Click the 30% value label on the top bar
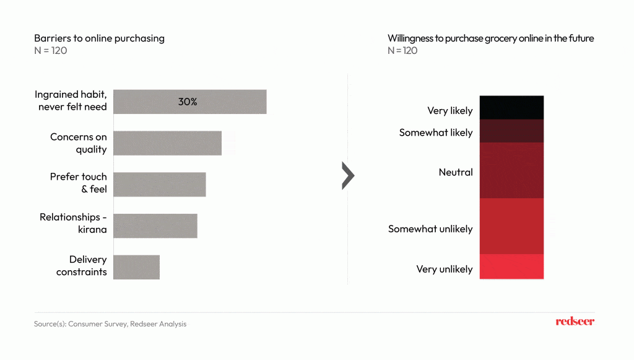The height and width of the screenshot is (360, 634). (188, 102)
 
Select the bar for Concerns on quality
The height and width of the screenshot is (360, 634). (167, 143)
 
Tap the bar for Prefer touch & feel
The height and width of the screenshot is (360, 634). (159, 185)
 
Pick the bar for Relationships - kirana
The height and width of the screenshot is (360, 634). (155, 226)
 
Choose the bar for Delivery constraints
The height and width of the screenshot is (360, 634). (136, 267)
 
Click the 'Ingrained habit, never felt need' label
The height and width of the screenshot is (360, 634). (71, 101)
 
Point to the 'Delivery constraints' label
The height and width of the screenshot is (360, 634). (81, 266)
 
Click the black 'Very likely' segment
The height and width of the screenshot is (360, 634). (511, 107)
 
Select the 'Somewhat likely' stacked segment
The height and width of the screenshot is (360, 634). (511, 131)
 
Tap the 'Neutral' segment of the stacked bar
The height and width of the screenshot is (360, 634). (511, 170)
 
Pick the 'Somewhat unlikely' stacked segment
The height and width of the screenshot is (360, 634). (511, 226)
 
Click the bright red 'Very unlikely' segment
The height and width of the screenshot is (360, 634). (511, 266)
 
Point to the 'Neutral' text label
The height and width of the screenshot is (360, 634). (456, 172)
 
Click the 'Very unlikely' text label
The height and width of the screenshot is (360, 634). (445, 270)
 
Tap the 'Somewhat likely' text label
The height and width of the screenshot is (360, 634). (436, 133)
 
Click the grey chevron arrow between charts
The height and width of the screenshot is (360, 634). (348, 177)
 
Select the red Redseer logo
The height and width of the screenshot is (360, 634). (575, 321)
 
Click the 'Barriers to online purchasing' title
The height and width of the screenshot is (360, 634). (99, 38)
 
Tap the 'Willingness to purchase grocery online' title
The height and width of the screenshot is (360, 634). (490, 38)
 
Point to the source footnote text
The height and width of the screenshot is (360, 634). (110, 324)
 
